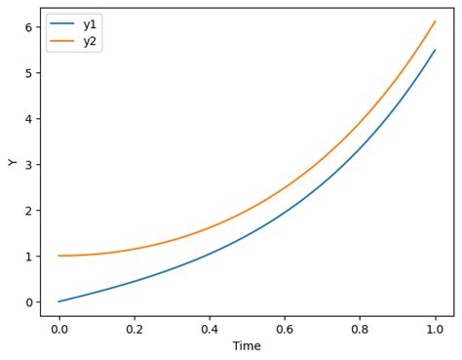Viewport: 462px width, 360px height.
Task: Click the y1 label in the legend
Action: coord(90,24)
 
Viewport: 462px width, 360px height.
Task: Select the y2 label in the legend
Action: coord(90,42)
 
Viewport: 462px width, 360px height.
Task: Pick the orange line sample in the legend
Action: coord(62,42)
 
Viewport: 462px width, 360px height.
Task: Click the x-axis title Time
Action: coord(247,346)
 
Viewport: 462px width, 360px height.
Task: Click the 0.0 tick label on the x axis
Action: coord(58,329)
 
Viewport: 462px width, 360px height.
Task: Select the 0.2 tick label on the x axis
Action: coord(135,329)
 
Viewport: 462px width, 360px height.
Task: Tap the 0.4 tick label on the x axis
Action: coord(210,329)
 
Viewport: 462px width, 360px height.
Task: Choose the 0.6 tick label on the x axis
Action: coord(285,329)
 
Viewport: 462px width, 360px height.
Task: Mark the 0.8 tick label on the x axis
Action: coord(360,329)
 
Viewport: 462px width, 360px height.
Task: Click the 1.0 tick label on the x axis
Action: coord(435,329)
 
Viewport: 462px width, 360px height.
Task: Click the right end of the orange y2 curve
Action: coord(435,21)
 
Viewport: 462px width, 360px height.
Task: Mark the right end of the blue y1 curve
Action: coord(435,50)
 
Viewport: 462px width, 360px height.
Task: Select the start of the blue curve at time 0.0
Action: coord(58,301)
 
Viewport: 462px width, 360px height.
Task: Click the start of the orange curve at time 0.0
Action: coord(58,256)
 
